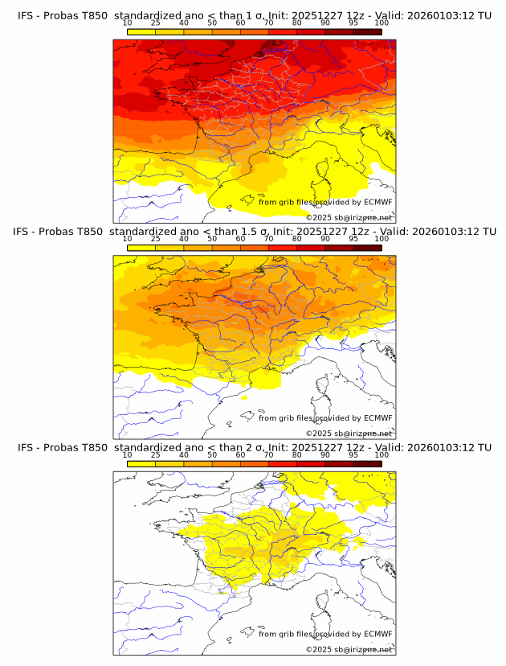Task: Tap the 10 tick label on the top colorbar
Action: (127, 23)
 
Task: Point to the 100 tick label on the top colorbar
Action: (382, 23)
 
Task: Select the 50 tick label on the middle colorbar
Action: (212, 239)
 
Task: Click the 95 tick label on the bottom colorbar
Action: (353, 454)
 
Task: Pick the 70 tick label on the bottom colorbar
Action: (268, 454)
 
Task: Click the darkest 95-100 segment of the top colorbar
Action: (367, 31)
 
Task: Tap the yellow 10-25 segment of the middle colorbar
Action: (141, 248)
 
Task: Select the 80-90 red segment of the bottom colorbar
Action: (311, 463)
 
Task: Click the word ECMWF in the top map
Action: (377, 202)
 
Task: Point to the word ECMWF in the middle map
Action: (377, 417)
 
